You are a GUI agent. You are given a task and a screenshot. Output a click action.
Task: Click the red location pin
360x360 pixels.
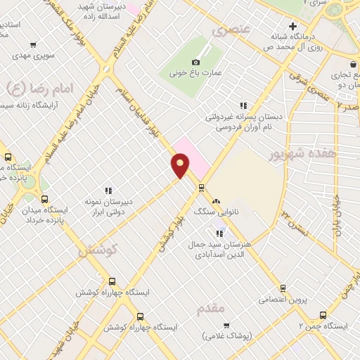(x=180, y=165)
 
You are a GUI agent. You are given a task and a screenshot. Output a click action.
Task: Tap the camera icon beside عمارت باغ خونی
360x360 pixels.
(x=196, y=62)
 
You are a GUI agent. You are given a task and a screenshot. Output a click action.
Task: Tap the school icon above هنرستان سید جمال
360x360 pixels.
(x=219, y=233)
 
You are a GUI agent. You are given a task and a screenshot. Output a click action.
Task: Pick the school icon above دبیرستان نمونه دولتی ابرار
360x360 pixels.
(x=108, y=190)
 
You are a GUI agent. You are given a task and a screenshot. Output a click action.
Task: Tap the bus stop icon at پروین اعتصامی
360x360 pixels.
(x=283, y=288)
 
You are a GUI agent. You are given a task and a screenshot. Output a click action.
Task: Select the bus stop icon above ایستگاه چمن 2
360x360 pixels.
(x=323, y=315)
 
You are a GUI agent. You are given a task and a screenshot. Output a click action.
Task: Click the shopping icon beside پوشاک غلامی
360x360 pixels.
(x=226, y=325)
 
